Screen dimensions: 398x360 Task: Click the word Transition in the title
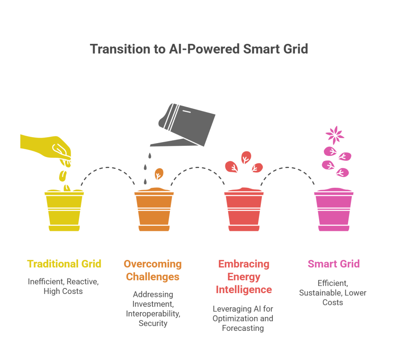(x=120, y=49)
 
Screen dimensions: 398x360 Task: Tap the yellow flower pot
(x=64, y=210)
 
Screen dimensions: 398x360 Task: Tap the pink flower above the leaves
(x=335, y=135)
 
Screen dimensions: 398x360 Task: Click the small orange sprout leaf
(x=159, y=174)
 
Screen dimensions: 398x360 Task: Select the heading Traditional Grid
(x=64, y=264)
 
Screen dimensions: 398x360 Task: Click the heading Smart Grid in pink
(x=334, y=264)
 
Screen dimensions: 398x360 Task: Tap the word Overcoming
(x=153, y=264)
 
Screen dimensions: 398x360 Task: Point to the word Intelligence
(x=244, y=290)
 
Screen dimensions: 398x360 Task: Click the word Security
(x=153, y=323)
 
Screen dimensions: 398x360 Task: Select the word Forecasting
(x=243, y=328)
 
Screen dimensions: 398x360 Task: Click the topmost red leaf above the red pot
(x=246, y=157)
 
